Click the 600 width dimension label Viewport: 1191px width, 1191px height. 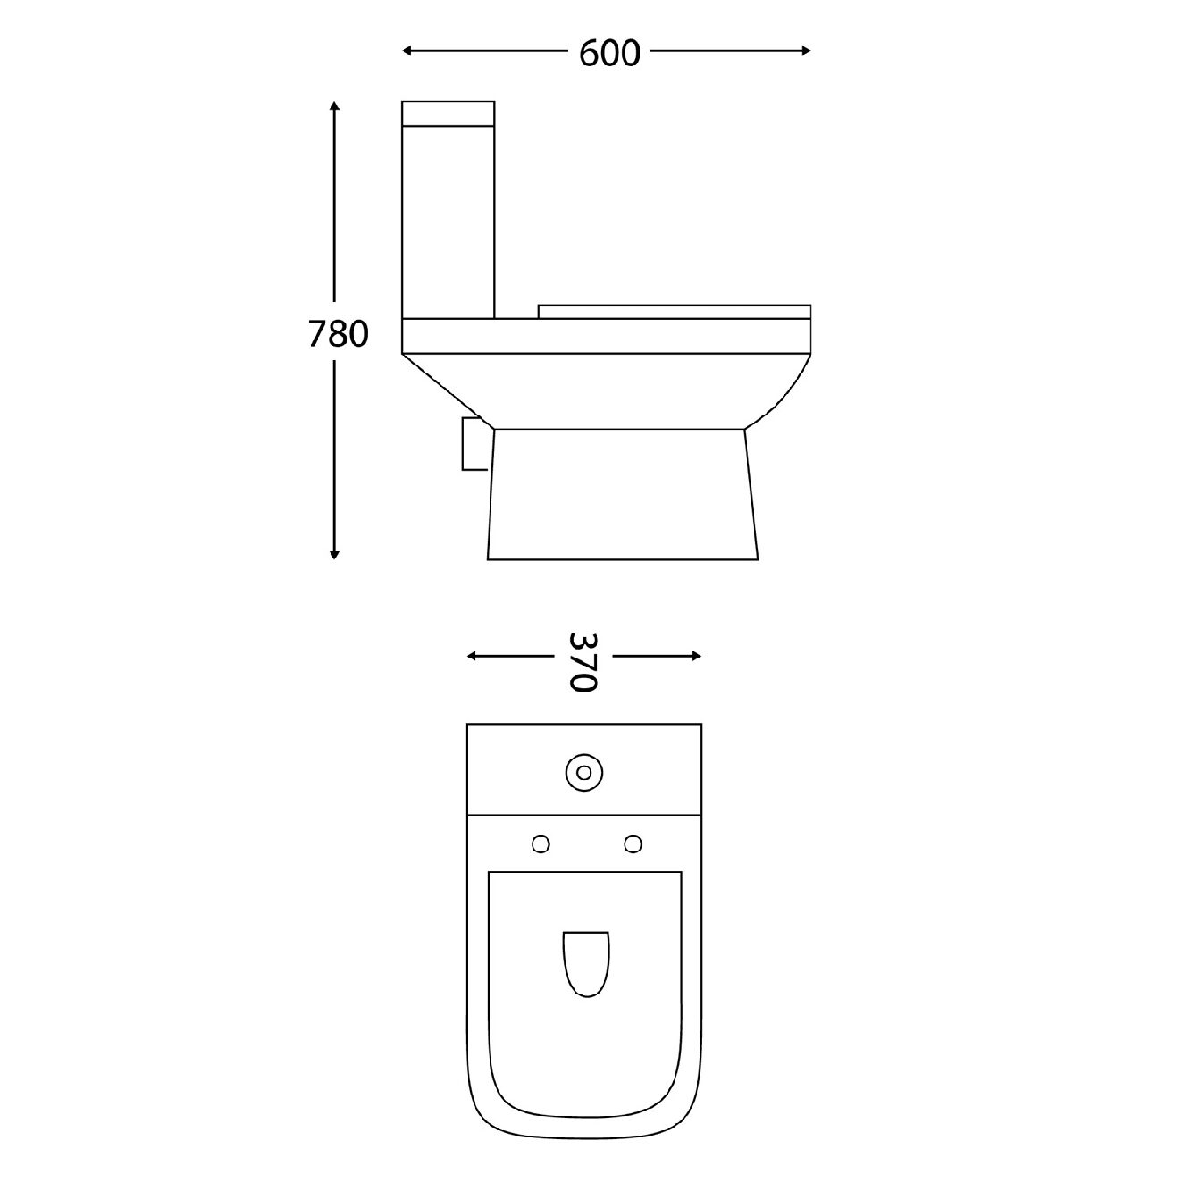609,54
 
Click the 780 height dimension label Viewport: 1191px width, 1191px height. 338,334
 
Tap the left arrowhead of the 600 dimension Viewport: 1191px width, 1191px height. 407,51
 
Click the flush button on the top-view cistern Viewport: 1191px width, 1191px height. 584,771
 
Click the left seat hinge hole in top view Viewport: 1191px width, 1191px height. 541,843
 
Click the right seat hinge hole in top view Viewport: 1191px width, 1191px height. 633,843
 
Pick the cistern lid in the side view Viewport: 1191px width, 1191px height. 449,113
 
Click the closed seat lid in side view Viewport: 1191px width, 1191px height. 676,310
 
